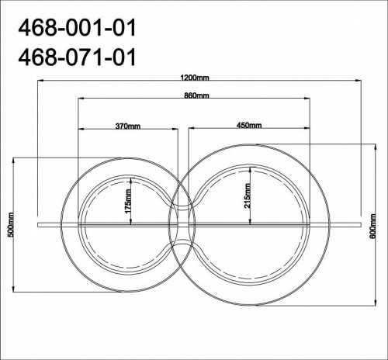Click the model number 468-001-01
(x=77, y=28)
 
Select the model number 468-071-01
(x=77, y=57)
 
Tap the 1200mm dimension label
(x=195, y=78)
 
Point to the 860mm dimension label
(x=196, y=95)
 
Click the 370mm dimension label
(x=128, y=126)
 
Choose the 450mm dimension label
(x=249, y=125)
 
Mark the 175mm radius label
(x=128, y=201)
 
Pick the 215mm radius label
(x=248, y=196)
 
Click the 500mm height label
(x=11, y=225)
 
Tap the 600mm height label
(x=373, y=227)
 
